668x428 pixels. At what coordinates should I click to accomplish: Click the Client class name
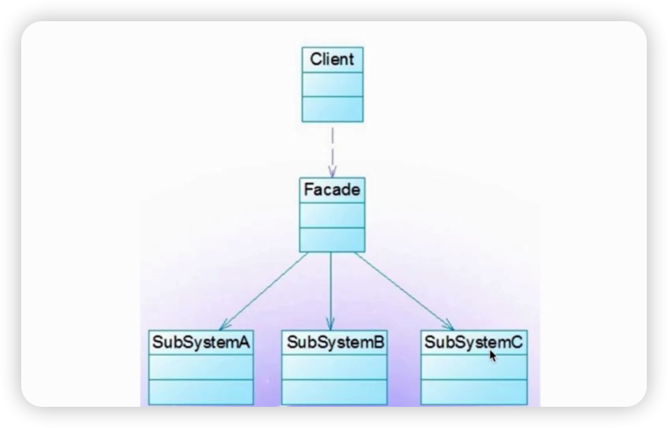(332, 59)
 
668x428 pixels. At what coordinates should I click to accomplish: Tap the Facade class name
(332, 190)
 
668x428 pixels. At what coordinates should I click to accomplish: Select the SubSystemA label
(201, 342)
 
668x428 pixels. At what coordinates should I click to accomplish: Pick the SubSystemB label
(335, 342)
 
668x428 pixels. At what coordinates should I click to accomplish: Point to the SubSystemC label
(473, 342)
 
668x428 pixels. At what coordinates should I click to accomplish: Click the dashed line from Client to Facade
(332, 147)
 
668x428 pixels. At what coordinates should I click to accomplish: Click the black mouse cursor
(493, 356)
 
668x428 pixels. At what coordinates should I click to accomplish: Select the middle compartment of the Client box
(332, 84)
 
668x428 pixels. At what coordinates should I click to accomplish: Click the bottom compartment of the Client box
(332, 109)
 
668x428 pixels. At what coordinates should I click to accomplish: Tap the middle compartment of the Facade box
(332, 215)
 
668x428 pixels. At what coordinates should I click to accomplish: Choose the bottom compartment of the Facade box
(332, 239)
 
